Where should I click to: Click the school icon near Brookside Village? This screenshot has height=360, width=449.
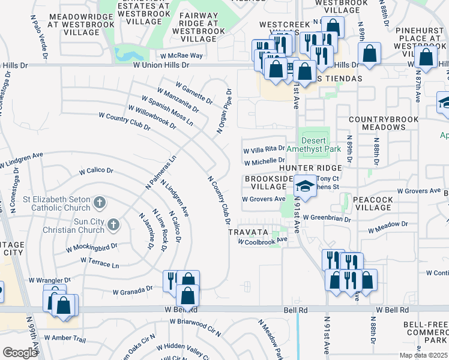pos(305,186)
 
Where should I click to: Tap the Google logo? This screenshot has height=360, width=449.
pos(19,353)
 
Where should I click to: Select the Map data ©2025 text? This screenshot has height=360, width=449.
pos(423,355)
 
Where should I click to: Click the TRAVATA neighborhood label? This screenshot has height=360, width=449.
pos(247,231)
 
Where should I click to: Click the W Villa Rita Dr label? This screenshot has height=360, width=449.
pos(264,149)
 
